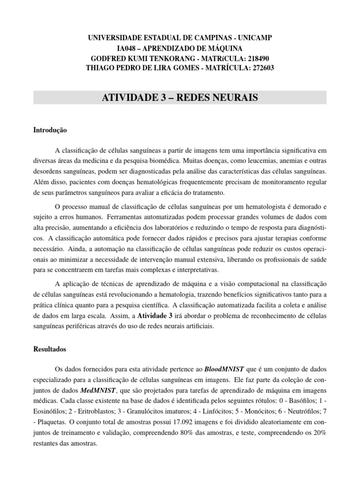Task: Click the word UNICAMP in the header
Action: pos(253,37)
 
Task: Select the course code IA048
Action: pos(128,48)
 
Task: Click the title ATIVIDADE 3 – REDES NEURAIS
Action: pos(180,97)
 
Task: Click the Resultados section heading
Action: pos(50,349)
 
